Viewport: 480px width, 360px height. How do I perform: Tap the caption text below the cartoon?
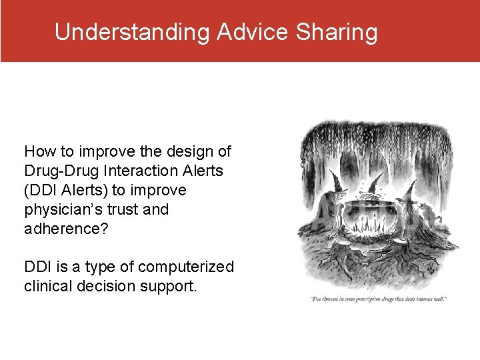tap(377, 298)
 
